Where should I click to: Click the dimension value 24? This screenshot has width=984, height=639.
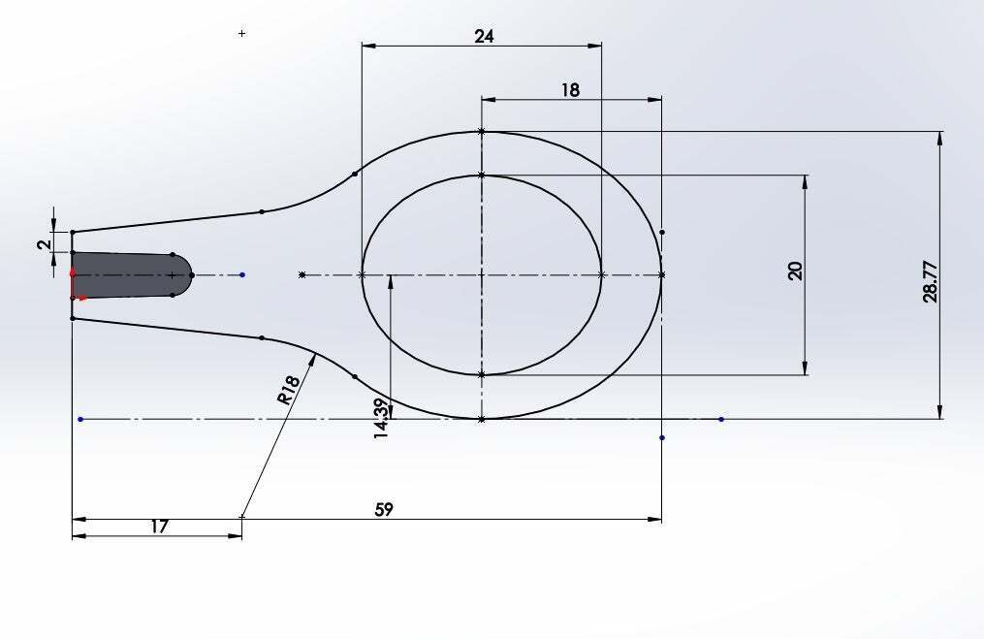(x=484, y=37)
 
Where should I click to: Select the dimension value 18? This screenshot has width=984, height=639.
(x=570, y=90)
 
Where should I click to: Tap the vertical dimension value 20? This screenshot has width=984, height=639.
(x=795, y=272)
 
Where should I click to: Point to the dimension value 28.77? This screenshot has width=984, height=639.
(x=931, y=282)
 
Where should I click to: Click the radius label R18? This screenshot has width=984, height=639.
(x=287, y=390)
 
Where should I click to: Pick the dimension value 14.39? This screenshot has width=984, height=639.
(x=381, y=418)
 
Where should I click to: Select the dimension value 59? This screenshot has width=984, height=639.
(x=384, y=510)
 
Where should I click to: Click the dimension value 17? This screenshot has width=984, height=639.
(x=159, y=527)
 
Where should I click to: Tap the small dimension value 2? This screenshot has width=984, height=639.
(x=44, y=245)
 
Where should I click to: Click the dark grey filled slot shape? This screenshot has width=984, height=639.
(x=129, y=275)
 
